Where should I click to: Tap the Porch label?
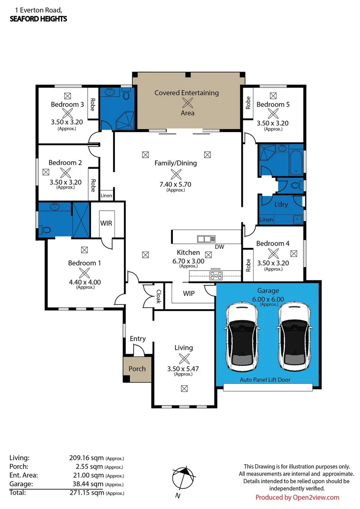tap(137, 369)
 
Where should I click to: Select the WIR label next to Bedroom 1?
tap(106, 223)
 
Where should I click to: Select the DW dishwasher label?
tap(219, 246)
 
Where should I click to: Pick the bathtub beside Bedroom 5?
tap(297, 160)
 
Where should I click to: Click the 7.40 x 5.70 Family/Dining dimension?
tap(176, 184)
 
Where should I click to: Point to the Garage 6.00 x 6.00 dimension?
tap(268, 299)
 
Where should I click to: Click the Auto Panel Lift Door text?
tap(265, 379)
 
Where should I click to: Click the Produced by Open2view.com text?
tap(297, 497)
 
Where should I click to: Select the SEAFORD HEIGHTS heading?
tap(38, 19)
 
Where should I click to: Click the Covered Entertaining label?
tap(187, 93)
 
